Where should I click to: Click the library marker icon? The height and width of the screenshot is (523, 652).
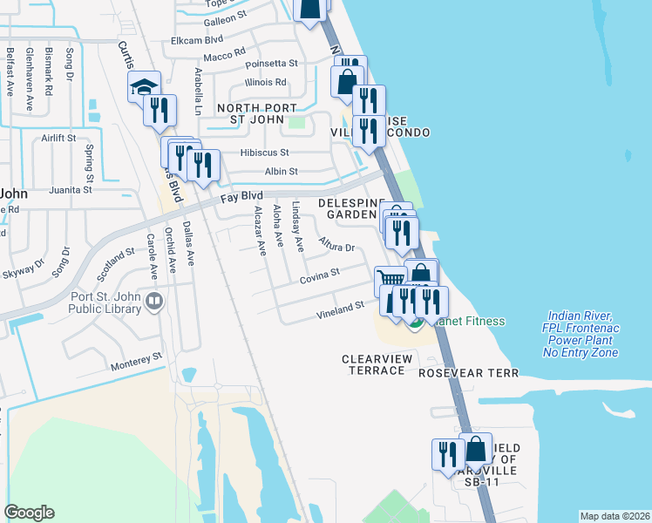(155, 301)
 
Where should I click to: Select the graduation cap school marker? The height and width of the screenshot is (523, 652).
(145, 86)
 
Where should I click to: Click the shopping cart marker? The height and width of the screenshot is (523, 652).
(391, 281)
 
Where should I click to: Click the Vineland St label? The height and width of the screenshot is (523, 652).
(340, 308)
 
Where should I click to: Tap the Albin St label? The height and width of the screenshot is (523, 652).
(281, 172)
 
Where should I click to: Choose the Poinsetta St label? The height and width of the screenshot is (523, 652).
(272, 64)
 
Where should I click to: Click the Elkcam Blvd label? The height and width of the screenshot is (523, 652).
(198, 39)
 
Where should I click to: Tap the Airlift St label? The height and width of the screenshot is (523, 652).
(58, 138)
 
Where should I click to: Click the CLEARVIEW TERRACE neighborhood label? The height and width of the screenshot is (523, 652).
(374, 364)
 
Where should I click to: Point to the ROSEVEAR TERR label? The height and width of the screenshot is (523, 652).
(468, 373)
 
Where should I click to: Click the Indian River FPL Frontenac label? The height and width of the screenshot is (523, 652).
(581, 334)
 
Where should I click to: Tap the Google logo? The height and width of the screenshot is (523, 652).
(29, 513)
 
